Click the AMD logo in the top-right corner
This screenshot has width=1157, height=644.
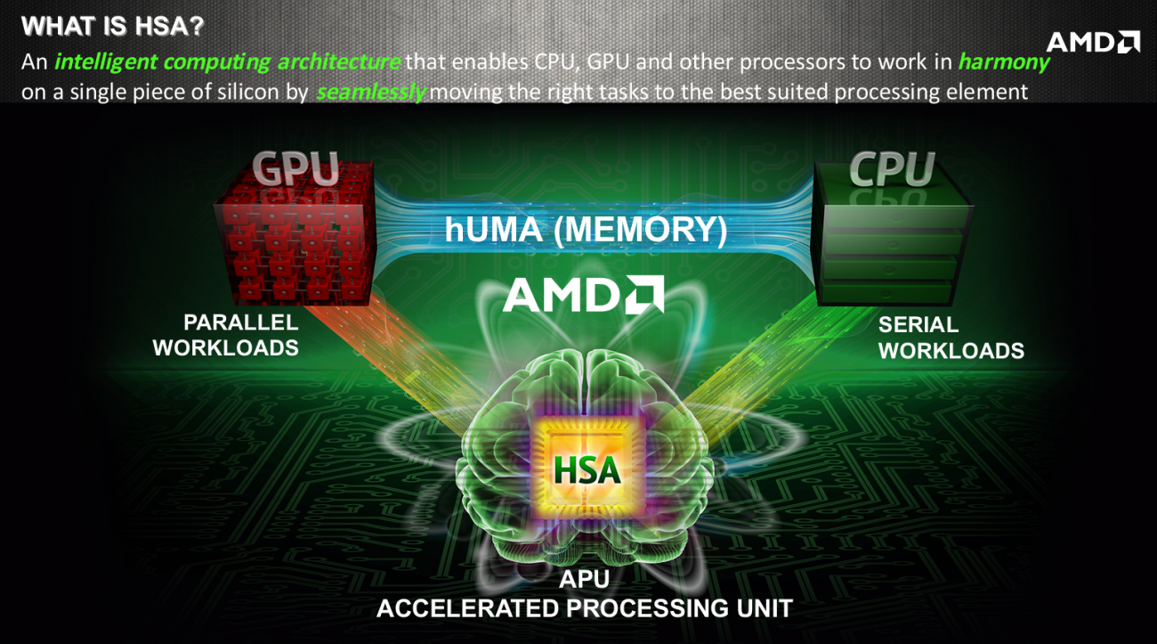click(1092, 42)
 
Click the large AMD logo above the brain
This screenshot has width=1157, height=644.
click(583, 294)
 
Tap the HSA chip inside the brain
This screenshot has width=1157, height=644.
click(586, 467)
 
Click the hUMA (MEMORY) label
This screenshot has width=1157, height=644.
click(586, 230)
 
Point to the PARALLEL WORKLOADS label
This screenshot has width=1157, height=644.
click(226, 335)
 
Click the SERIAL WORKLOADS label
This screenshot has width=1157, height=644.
click(951, 338)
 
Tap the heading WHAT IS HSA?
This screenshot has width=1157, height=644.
click(112, 27)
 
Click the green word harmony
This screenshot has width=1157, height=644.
click(1003, 62)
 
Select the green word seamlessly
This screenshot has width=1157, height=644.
click(370, 91)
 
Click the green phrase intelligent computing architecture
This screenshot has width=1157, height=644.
click(227, 62)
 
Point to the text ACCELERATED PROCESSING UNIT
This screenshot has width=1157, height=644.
click(584, 609)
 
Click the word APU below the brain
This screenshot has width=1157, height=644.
click(584, 580)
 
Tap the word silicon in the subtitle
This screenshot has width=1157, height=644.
click(253, 91)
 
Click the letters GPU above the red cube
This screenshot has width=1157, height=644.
click(295, 168)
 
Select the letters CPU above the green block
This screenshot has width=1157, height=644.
click(892, 168)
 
